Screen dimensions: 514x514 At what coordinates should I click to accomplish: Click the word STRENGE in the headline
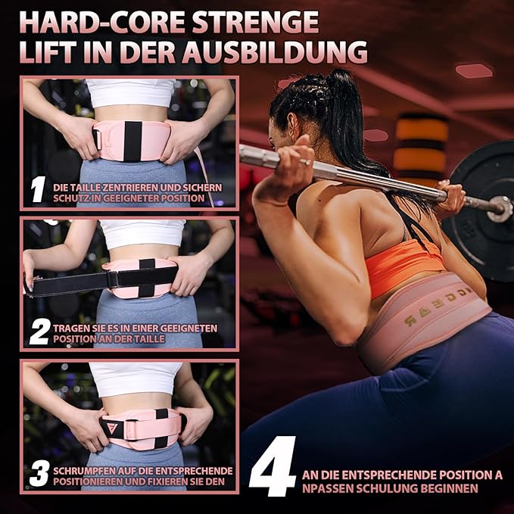255,22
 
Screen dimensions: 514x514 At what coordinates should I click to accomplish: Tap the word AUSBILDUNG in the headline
275,52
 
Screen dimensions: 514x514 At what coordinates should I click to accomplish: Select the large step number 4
272,466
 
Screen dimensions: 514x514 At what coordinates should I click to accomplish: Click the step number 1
37,189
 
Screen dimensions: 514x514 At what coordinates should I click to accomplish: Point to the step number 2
40,332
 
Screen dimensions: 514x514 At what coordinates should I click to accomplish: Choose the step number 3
39,474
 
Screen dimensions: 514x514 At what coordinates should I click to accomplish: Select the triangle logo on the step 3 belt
112,428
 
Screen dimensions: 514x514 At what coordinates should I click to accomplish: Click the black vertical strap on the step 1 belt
132,141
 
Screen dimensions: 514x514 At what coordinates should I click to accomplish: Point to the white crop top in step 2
143,232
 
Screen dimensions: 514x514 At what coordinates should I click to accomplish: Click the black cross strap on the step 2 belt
147,278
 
